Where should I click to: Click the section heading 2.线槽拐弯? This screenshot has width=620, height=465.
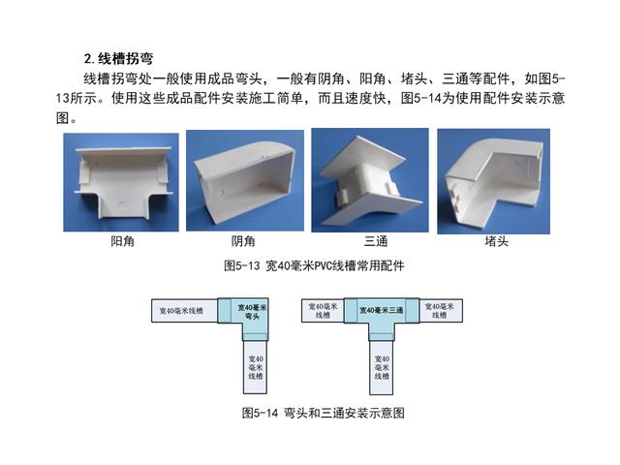[118, 59]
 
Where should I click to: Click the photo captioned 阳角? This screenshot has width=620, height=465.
[121, 182]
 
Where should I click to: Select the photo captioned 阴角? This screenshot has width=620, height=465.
[245, 181]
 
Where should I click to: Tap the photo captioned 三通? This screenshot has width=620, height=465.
[370, 180]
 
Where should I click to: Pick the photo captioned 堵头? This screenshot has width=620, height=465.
[493, 181]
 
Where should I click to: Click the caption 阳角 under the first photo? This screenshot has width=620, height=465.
[123, 241]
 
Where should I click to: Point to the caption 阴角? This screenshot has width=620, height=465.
[243, 241]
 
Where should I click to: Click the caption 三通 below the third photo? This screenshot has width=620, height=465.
[376, 241]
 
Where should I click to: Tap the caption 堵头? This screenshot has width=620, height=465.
[497, 241]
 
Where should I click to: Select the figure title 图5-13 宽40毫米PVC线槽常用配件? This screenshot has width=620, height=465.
[314, 265]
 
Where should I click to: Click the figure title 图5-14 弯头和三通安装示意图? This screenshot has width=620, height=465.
[323, 414]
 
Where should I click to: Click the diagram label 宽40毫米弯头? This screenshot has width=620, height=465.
[252, 312]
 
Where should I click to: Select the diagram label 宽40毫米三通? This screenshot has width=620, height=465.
[381, 310]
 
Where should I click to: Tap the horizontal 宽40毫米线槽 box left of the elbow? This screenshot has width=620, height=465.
[185, 310]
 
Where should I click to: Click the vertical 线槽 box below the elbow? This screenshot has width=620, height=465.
[256, 367]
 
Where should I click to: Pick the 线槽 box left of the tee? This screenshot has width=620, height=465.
[323, 310]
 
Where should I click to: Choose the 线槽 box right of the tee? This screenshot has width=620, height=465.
[440, 310]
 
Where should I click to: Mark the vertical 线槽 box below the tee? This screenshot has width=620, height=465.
[382, 367]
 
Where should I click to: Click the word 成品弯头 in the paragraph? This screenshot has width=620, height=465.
[234, 78]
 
